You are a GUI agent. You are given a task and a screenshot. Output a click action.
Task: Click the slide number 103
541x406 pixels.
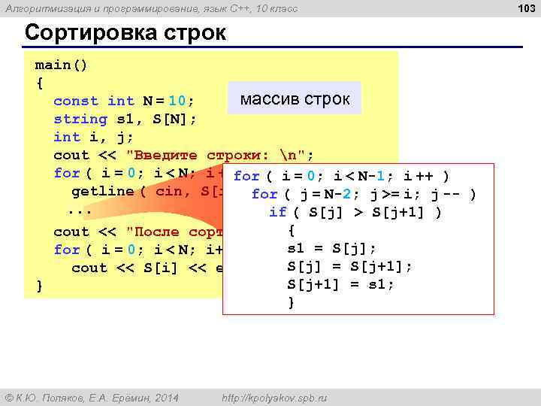pyautogui.click(x=527, y=8)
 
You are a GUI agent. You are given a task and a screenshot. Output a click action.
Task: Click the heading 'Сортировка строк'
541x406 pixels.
pyautogui.click(x=124, y=34)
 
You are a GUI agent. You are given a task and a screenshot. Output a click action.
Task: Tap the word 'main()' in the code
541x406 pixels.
pyautogui.click(x=61, y=65)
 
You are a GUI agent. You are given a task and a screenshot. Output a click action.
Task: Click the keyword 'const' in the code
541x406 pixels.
pyautogui.click(x=76, y=101)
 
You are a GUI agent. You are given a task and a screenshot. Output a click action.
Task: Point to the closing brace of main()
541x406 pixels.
pyautogui.click(x=39, y=286)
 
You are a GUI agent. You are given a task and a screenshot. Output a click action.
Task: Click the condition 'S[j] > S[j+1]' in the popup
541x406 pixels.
pyautogui.click(x=365, y=213)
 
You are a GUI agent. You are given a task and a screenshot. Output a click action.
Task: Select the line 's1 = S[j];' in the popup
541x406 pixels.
pyautogui.click(x=332, y=248)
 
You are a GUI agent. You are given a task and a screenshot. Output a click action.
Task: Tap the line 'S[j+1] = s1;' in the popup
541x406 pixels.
pyautogui.click(x=340, y=284)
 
